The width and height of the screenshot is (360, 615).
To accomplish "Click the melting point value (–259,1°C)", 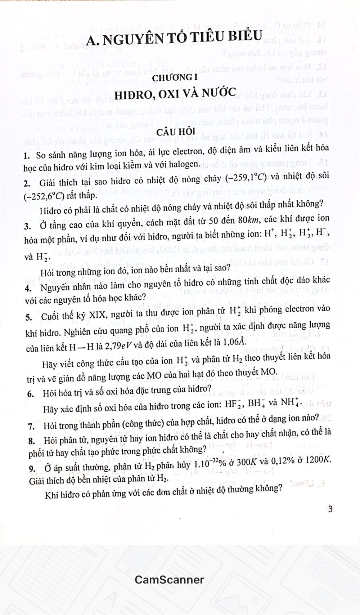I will [246, 177].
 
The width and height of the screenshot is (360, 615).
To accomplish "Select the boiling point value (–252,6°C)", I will [44, 196].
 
